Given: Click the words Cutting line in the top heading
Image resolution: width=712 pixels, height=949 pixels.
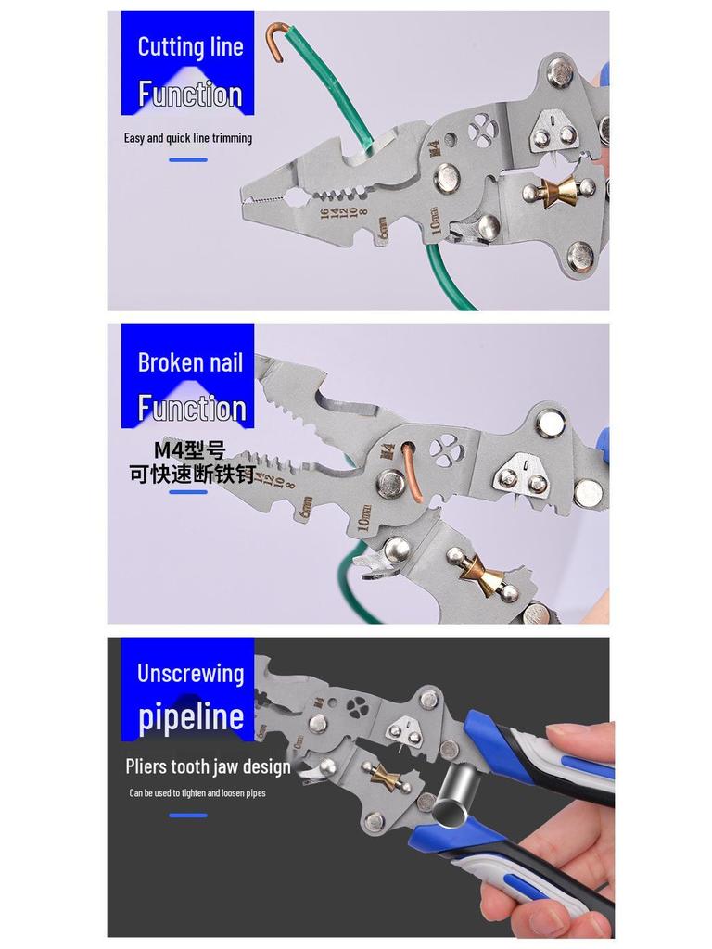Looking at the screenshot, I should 190,47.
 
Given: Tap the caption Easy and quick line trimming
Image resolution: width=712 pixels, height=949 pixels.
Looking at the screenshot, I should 188,138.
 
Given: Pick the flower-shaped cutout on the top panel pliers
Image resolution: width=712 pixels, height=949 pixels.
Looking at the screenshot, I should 481,131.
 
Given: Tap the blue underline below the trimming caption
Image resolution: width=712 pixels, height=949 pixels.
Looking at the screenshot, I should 188,160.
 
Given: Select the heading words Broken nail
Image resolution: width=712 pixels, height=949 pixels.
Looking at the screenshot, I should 190,362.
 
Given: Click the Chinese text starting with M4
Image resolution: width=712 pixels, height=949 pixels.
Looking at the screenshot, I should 189,450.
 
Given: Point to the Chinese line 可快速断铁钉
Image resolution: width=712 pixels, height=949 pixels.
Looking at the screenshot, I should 192,474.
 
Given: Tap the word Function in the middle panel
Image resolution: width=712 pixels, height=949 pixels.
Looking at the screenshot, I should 192,408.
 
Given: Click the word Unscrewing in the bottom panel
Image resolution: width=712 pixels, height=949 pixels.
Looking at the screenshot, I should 190,674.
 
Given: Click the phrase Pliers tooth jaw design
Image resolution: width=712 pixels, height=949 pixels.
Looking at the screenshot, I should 208,766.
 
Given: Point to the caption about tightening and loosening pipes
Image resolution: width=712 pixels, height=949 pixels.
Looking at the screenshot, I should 197,793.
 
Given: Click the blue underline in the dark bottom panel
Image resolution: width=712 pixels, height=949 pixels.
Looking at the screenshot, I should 188,816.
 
